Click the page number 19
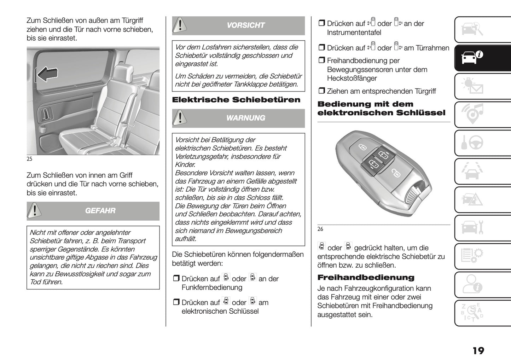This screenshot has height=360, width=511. point(478,350)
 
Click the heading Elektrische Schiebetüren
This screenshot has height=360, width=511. point(236,100)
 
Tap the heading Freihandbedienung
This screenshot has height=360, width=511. point(366,278)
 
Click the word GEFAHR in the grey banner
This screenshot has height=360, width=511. point(100,211)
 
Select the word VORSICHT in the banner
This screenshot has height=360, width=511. point(245,25)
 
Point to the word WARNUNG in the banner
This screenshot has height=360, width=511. point(245,118)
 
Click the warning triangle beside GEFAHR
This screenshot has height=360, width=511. point(35,211)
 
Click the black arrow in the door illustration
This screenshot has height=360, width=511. point(47,75)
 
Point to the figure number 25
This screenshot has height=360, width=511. point(29,159)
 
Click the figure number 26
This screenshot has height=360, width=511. point(320,229)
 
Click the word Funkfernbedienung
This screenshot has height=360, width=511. point(212,288)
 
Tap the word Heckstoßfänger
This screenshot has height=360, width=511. point(352,79)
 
